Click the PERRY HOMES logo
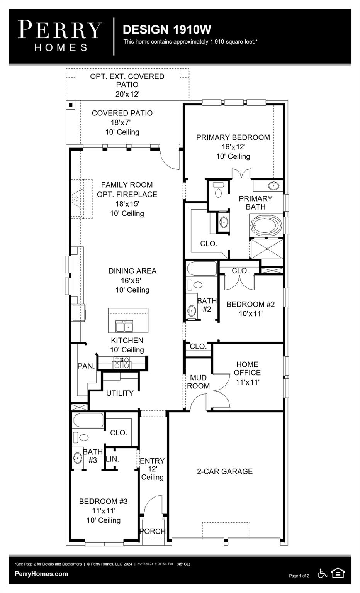60,36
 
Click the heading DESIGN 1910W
167,29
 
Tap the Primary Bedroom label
233,137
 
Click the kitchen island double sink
124,327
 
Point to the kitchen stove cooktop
121,363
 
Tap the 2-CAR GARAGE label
225,471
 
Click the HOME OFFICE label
247,368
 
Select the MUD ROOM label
198,381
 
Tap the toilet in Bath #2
198,285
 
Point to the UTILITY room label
120,393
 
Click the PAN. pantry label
86,366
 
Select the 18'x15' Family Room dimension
127,204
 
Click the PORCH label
153,531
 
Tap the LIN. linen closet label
112,459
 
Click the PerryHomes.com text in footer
41,574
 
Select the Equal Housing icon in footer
338,573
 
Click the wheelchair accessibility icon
322,574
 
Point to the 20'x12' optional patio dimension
127,94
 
